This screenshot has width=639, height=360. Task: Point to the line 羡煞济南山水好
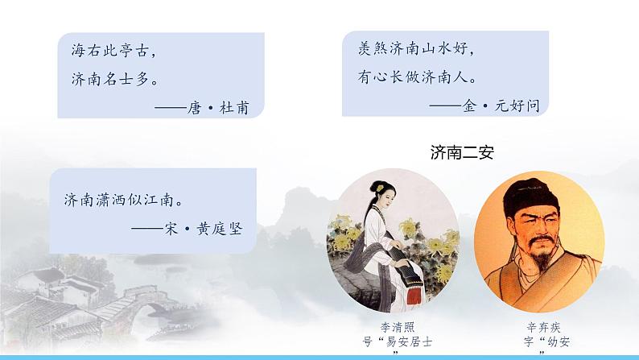[410, 48]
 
